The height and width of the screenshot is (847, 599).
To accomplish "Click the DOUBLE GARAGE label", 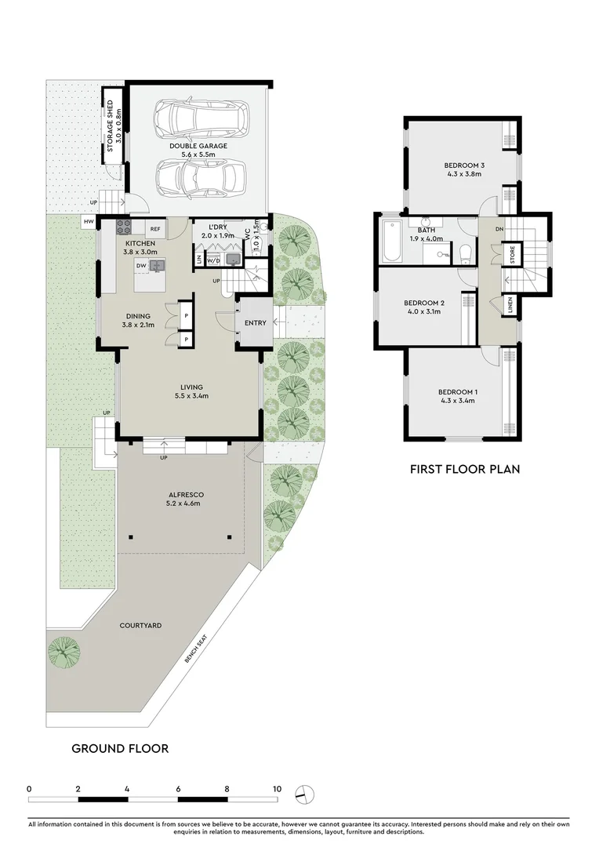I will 198,146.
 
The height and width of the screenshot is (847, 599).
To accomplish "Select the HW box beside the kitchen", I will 87,223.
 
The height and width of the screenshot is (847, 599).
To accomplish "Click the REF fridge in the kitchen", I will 155,229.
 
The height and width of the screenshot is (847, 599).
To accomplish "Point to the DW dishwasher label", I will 141,266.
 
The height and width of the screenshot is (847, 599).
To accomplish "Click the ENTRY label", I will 256,323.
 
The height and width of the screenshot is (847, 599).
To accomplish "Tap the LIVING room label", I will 191,387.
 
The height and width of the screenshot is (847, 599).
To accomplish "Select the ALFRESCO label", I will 186,495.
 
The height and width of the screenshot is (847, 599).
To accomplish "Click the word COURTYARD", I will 141,625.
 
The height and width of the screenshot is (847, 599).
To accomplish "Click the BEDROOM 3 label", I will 465,165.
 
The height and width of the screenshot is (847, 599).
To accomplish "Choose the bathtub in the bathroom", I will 392,243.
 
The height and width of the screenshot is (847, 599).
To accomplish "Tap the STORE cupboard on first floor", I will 512,255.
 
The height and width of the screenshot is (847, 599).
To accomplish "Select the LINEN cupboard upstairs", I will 511,305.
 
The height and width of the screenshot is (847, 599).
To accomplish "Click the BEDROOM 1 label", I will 458,391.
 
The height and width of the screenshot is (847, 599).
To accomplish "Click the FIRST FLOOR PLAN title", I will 466,469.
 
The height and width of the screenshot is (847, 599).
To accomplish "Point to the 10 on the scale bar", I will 277,788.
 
